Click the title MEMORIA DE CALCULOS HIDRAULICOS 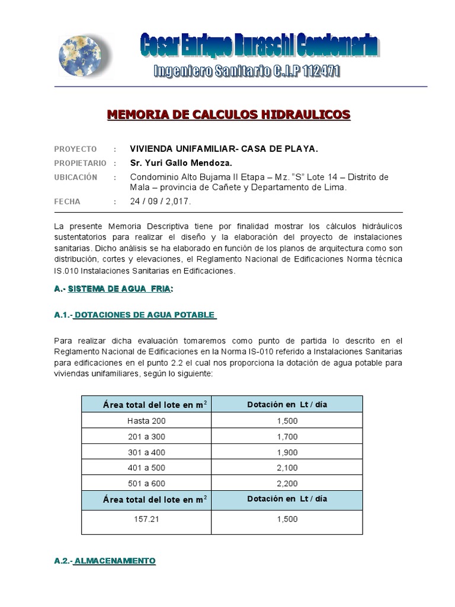[229, 114]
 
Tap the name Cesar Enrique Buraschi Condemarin [260, 47]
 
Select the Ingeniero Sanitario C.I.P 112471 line [246, 72]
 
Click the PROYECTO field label [75, 149]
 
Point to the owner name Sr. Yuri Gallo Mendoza [181, 163]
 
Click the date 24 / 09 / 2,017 [161, 202]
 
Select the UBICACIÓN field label [75, 177]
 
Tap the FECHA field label [67, 202]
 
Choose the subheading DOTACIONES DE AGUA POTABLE [145, 315]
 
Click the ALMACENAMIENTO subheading [114, 560]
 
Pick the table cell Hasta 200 [146, 421]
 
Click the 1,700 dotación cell [287, 437]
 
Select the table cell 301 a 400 [146, 452]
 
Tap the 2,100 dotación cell [287, 468]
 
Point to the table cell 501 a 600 [146, 484]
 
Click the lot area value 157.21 [146, 519]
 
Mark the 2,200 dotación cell [287, 484]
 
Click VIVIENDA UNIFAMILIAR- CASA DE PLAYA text [224, 149]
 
